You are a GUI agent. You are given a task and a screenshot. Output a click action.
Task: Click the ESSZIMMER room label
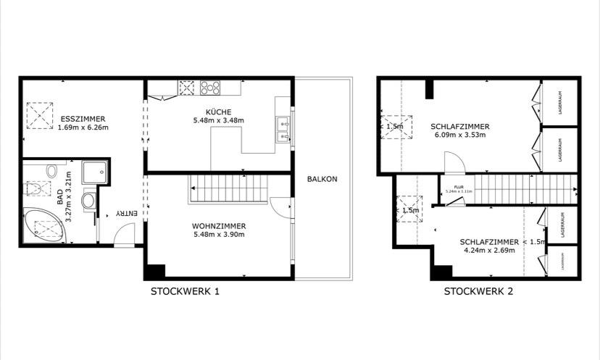[84, 118]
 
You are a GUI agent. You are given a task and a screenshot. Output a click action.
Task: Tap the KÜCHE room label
[218, 111]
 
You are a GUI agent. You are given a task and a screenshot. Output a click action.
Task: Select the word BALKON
[322, 179]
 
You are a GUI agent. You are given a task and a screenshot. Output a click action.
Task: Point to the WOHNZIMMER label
[218, 225]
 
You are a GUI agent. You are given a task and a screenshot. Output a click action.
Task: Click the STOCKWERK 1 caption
[185, 291]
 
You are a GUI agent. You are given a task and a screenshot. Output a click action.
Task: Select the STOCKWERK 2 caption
[478, 291]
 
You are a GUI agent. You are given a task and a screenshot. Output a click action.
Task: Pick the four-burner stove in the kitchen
[211, 88]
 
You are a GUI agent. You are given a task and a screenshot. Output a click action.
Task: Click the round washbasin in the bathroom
[88, 200]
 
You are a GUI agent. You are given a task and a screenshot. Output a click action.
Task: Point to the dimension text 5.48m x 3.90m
[218, 234]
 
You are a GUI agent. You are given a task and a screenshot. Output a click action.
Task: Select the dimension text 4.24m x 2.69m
[488, 251]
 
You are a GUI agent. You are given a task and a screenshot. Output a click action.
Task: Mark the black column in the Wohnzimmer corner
[154, 272]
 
